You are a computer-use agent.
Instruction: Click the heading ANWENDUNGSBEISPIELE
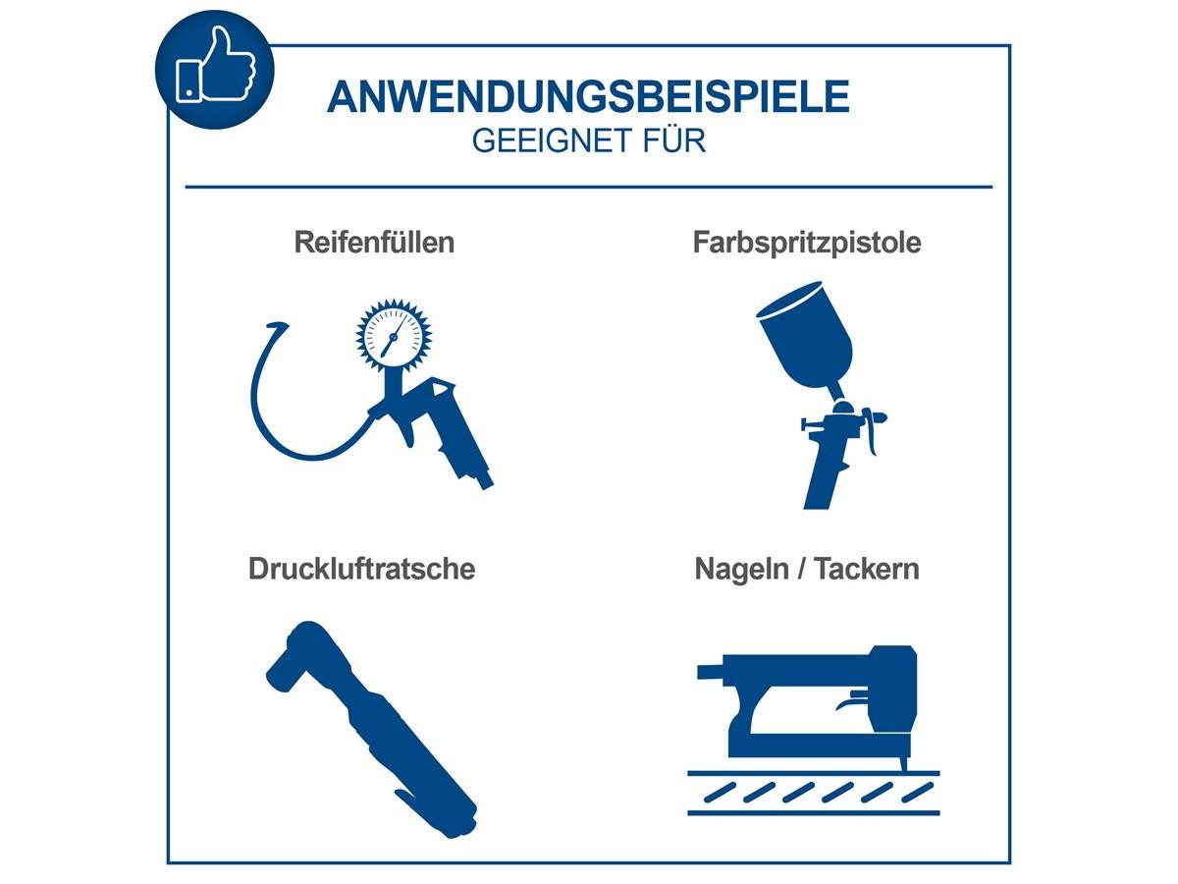(588, 97)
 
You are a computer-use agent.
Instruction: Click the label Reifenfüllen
(374, 243)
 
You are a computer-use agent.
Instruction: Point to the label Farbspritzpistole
(807, 243)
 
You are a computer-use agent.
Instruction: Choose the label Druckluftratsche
(361, 569)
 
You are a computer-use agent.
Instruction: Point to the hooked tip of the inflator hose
(274, 326)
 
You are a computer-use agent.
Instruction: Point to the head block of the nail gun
(893, 688)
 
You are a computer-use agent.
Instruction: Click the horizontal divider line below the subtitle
(588, 186)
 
